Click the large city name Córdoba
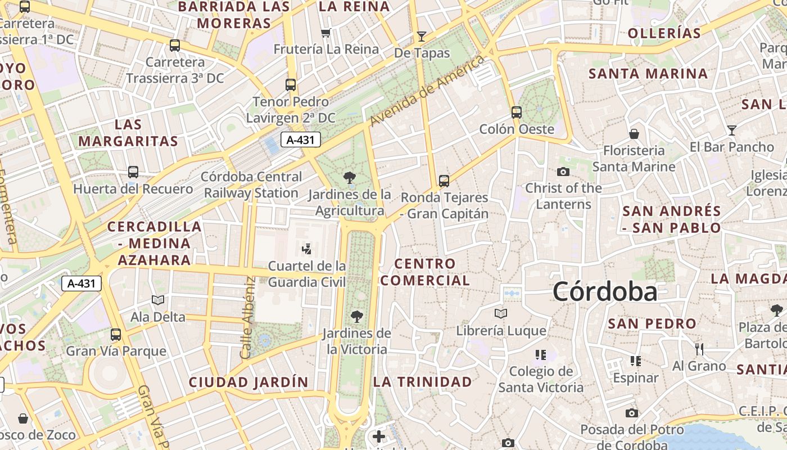(605, 291)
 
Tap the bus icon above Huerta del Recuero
(133, 172)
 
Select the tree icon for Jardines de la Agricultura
(350, 178)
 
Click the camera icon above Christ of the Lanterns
(563, 172)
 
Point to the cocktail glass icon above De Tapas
(422, 37)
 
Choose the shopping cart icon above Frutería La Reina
(325, 33)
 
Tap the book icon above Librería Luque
(501, 313)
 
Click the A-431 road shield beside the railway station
(300, 140)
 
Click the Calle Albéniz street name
(248, 318)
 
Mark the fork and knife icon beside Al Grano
(699, 349)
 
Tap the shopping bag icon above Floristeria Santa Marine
(634, 134)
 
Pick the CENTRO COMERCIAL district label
(425, 272)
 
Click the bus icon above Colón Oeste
(517, 112)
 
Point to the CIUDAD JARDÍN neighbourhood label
(248, 382)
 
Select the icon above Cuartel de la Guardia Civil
(307, 249)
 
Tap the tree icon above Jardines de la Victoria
(356, 316)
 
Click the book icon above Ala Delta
(158, 300)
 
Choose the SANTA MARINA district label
(648, 74)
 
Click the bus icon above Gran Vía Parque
(116, 335)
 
